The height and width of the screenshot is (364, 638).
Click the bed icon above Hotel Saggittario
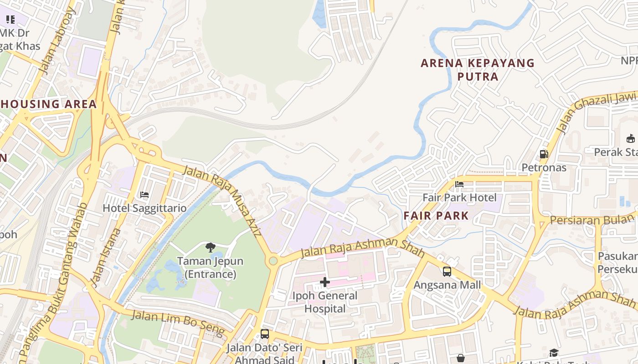pos(144,195)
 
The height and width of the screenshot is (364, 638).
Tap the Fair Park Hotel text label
pos(459,197)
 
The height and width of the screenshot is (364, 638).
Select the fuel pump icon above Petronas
pos(544,154)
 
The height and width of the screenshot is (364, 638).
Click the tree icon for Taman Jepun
pos(210,248)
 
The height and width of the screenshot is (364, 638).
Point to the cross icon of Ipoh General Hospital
pos(325,283)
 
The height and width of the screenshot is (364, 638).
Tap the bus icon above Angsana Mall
pos(447,272)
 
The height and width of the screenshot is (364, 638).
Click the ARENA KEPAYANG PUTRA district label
pos(478,70)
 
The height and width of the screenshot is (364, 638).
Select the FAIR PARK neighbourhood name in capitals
pos(436,216)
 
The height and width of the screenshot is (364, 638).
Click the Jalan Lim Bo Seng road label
pos(178,322)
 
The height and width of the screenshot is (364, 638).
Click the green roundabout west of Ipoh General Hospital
pos(273,261)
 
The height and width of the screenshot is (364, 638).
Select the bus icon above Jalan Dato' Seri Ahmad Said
pos(265,334)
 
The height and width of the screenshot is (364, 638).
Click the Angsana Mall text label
pos(447,285)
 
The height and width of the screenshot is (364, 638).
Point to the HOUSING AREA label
pos(48,104)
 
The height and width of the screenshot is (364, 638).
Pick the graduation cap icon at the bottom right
pos(554,353)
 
